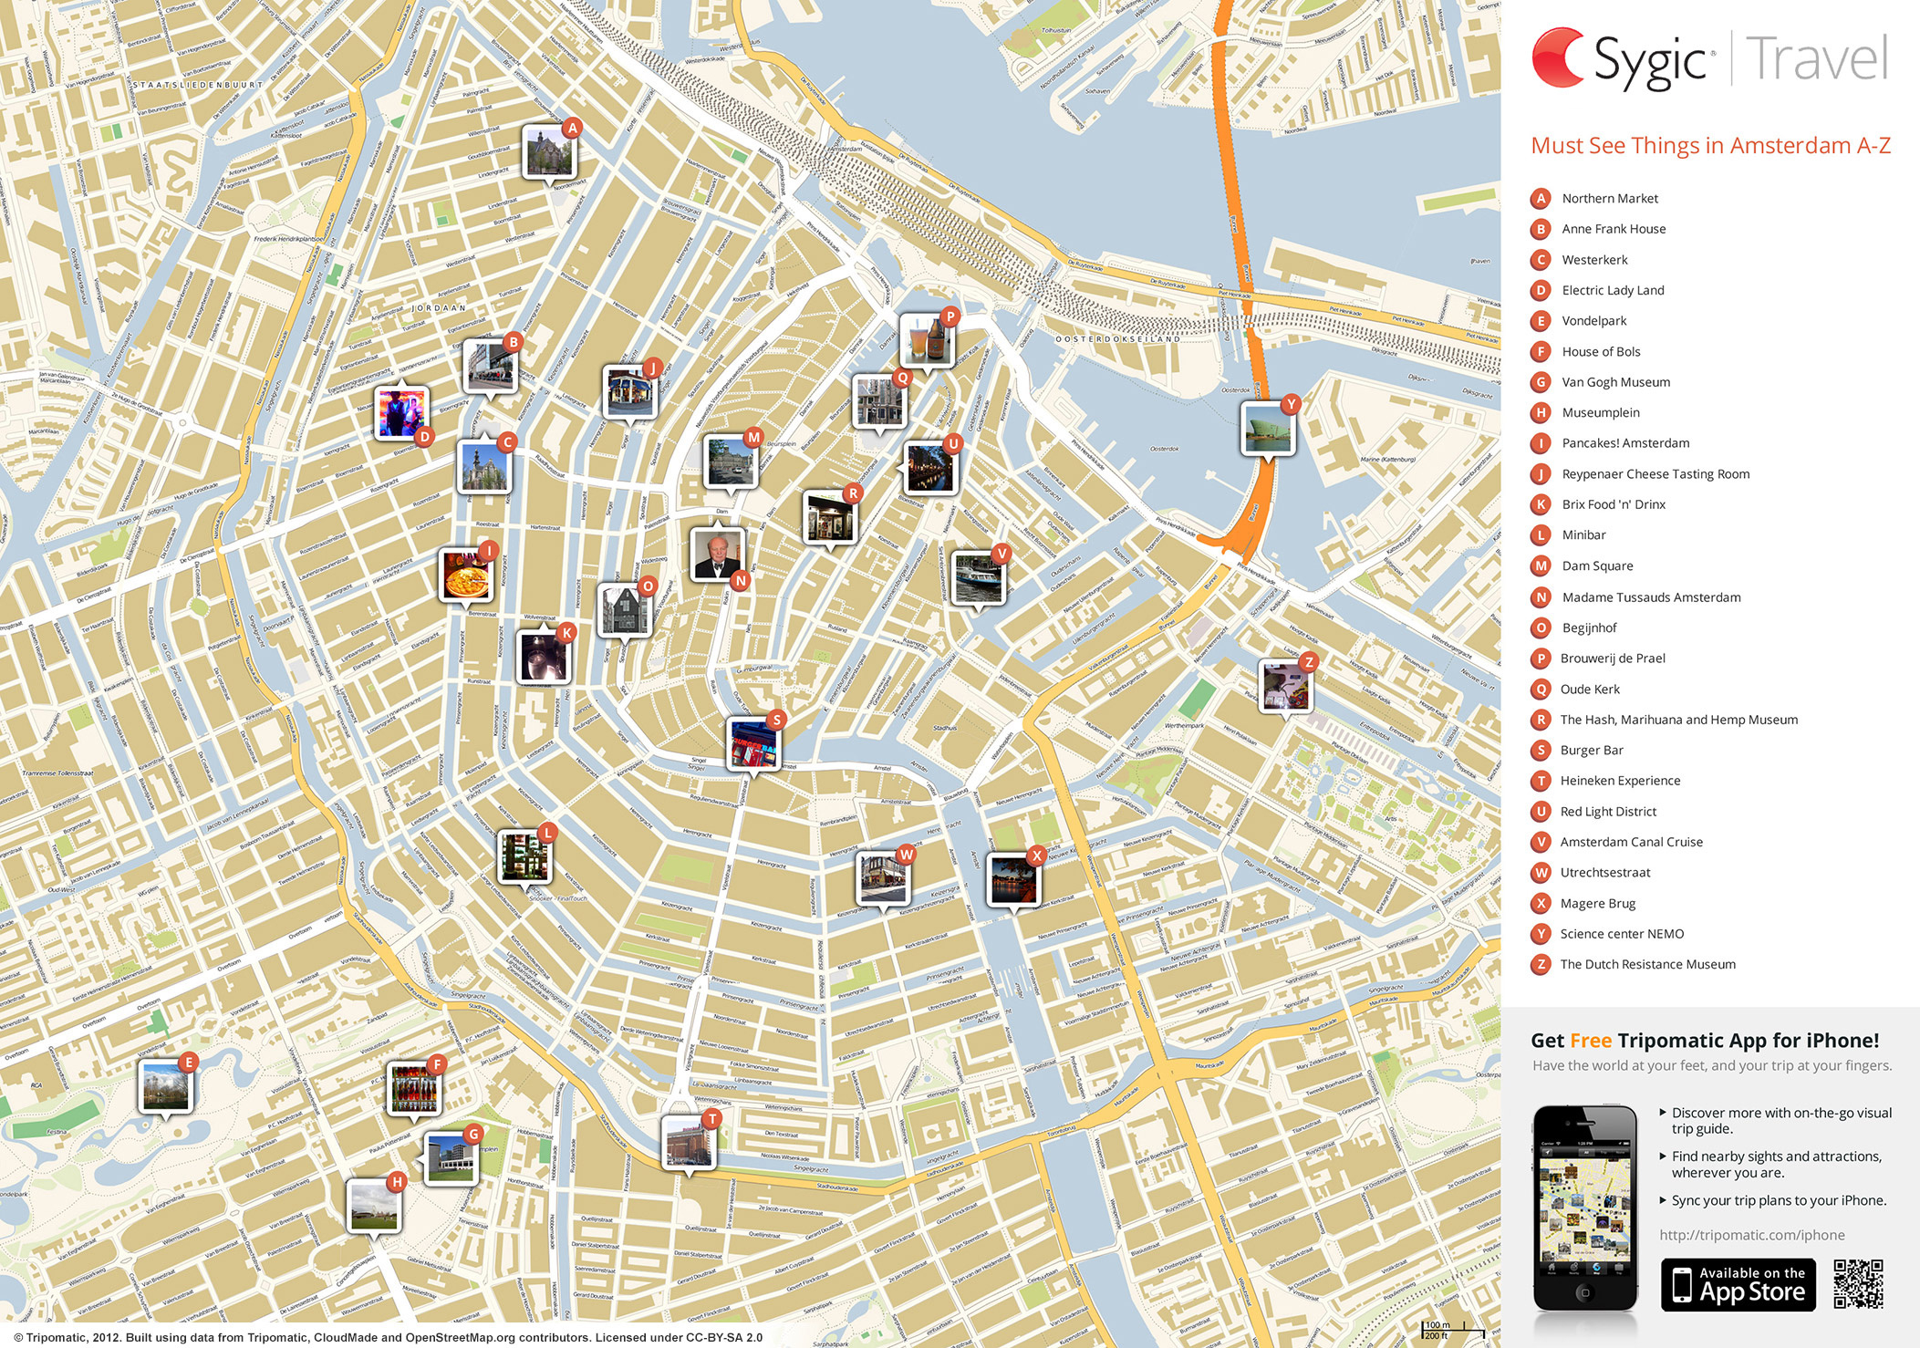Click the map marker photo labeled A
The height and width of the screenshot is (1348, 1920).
pos(549,151)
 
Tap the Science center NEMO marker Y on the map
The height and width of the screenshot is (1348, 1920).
pos(1268,429)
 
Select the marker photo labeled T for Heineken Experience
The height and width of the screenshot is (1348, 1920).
pos(689,1141)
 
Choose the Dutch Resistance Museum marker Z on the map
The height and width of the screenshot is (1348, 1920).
pos(1285,686)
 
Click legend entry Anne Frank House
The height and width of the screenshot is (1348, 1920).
pos(1613,229)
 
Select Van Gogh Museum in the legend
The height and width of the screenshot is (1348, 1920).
pos(1615,382)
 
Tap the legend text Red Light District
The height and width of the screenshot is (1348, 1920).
pos(1608,812)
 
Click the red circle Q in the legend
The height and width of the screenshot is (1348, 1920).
pos(1541,690)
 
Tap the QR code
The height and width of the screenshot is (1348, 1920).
pos(1858,1284)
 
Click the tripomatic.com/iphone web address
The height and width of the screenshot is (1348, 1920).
pos(1751,1235)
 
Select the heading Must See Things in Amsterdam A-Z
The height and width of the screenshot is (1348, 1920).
pos(1710,146)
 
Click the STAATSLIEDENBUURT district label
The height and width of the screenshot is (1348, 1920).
pos(198,85)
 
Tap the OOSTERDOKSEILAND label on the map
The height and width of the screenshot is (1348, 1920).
pos(1117,339)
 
